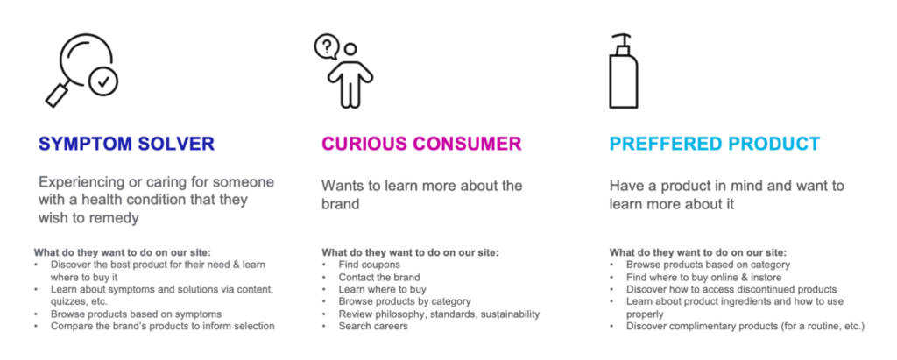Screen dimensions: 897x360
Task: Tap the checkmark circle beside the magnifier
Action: click(x=103, y=81)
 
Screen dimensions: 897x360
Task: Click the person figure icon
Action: click(x=350, y=77)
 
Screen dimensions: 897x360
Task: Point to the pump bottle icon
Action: click(x=623, y=72)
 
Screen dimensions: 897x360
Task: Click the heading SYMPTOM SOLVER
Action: click(x=126, y=144)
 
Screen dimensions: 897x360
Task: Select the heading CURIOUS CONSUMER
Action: click(x=421, y=144)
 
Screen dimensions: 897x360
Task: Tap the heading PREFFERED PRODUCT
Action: click(x=715, y=144)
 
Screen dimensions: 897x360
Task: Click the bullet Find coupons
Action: click(x=369, y=265)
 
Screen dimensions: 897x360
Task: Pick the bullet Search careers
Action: click(x=373, y=326)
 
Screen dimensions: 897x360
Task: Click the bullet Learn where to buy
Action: click(x=382, y=290)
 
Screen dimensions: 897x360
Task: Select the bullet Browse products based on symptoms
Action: click(x=136, y=314)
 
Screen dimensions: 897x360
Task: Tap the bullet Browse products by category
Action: click(x=405, y=301)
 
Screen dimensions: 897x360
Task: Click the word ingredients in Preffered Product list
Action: click(x=736, y=301)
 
